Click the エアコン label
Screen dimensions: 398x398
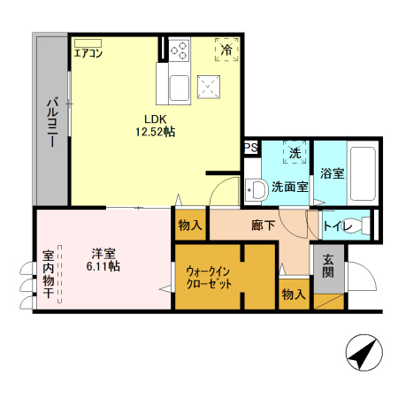pos(89,53)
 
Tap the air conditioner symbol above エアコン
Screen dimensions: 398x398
pos(88,41)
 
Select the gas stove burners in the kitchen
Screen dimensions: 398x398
pos(180,49)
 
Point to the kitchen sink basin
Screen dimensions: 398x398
pos(177,87)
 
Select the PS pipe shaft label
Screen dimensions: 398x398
pos(250,148)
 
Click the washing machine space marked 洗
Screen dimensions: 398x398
pos(295,153)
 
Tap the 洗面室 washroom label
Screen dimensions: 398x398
pos(289,187)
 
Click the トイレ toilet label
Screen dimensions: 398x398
pos(341,227)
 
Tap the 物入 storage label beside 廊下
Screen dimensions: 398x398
pos(189,226)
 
